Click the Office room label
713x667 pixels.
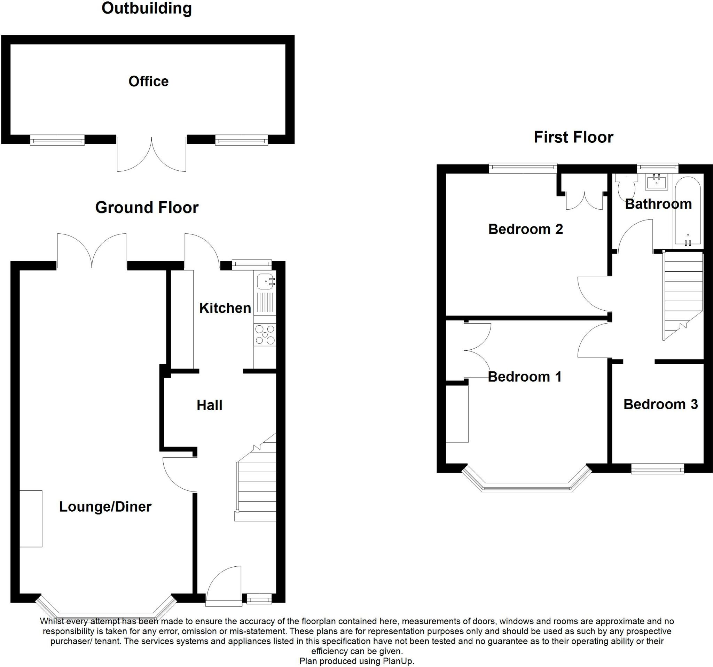(x=148, y=82)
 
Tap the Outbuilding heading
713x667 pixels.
(x=147, y=8)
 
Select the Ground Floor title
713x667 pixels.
(x=147, y=207)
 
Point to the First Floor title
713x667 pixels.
(x=573, y=137)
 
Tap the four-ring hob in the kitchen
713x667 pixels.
(x=265, y=335)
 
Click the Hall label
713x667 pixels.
(x=210, y=405)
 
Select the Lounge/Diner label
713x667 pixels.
(x=105, y=506)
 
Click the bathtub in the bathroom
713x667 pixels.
(x=688, y=212)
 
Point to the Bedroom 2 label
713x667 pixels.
(x=525, y=229)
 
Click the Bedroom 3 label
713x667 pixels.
(x=661, y=404)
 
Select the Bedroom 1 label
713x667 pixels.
(x=524, y=377)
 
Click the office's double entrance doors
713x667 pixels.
(x=151, y=154)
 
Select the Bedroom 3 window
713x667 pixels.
(x=657, y=469)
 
